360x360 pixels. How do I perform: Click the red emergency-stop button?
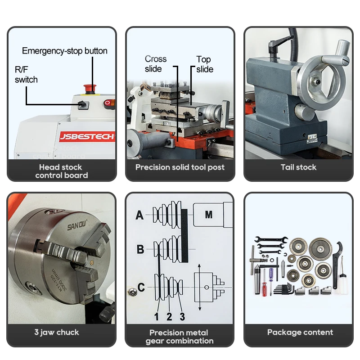pyautogui.click(x=90, y=89)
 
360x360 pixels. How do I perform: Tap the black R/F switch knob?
pyautogui.click(x=82, y=104)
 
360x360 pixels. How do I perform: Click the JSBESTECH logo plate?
pyautogui.click(x=87, y=137)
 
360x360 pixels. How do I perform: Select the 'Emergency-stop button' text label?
pyautogui.click(x=64, y=51)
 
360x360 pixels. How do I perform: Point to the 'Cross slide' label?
pyautogui.click(x=155, y=64)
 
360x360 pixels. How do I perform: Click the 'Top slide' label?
pyautogui.click(x=205, y=64)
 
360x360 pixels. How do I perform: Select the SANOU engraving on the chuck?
pyautogui.click(x=77, y=225)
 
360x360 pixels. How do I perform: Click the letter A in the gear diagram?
pyautogui.click(x=139, y=216)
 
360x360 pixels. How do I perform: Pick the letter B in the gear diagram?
pyautogui.click(x=140, y=249)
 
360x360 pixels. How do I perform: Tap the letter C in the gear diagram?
pyautogui.click(x=141, y=287)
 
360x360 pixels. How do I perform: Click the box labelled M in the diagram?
pyautogui.click(x=209, y=215)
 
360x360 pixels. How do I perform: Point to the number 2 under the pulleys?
pyautogui.click(x=169, y=317)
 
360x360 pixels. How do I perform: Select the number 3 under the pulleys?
pyautogui.click(x=182, y=317)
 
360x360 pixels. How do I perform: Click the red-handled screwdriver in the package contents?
pyautogui.click(x=265, y=283)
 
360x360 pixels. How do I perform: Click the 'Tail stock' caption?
pyautogui.click(x=298, y=167)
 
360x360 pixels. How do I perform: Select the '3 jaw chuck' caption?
pyautogui.click(x=57, y=332)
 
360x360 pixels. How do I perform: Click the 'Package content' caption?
pyautogui.click(x=300, y=332)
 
